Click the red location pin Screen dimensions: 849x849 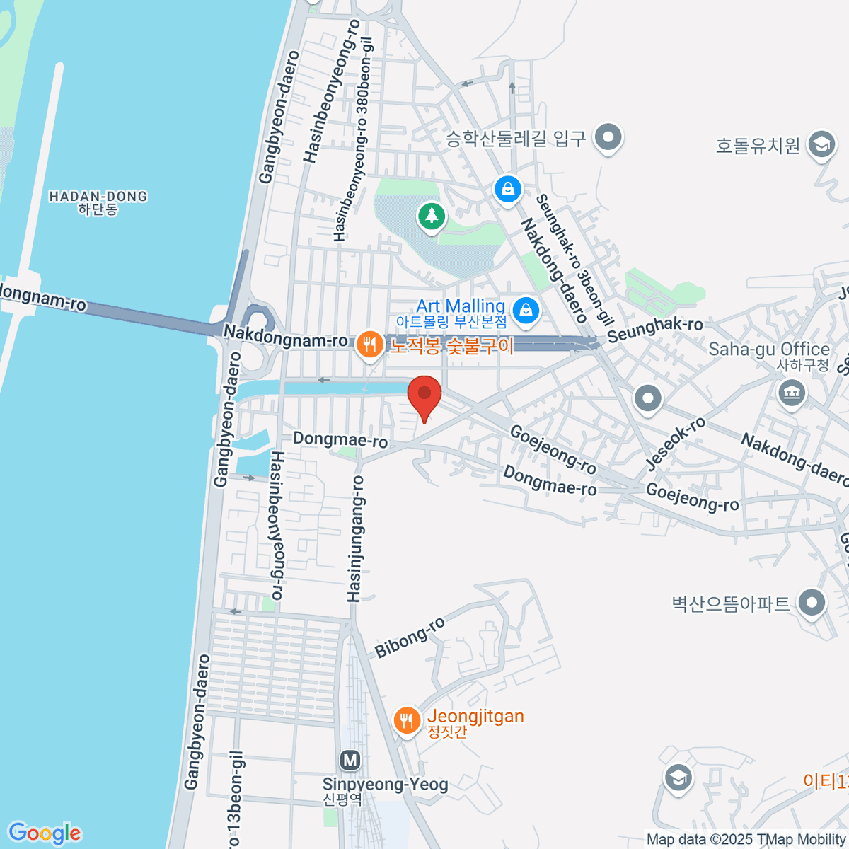pyautogui.click(x=424, y=394)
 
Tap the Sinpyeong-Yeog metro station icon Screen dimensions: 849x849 pyautogui.click(x=350, y=761)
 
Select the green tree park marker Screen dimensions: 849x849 pyautogui.click(x=431, y=214)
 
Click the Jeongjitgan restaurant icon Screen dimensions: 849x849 pyautogui.click(x=405, y=721)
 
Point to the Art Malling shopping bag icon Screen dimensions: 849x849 pyautogui.click(x=526, y=310)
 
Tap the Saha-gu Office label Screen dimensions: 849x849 pyautogui.click(x=768, y=350)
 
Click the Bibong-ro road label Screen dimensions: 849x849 pyautogui.click(x=410, y=637)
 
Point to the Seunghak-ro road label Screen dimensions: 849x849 pyautogui.click(x=655, y=328)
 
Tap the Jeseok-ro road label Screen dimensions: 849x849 pyautogui.click(x=676, y=444)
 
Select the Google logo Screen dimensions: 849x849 pyautogui.click(x=45, y=833)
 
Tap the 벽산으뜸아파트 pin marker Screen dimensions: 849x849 pyautogui.click(x=812, y=603)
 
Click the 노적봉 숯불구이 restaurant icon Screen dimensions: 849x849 pyautogui.click(x=369, y=345)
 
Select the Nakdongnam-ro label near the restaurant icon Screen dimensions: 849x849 pyautogui.click(x=285, y=336)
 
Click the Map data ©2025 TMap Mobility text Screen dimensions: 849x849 pyautogui.click(x=746, y=839)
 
